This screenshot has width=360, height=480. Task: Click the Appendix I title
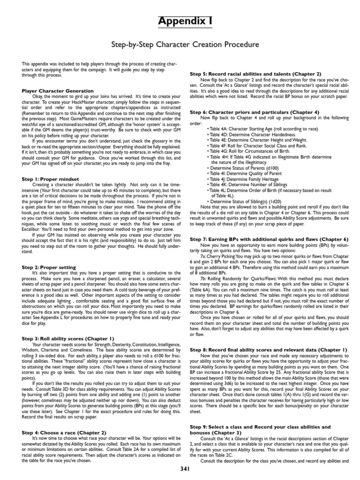pos(180,21)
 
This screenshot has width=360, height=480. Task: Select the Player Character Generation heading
pos(58,90)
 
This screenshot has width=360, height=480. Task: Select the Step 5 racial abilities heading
pos(255,74)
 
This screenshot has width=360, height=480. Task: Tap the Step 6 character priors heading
pos(255,112)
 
